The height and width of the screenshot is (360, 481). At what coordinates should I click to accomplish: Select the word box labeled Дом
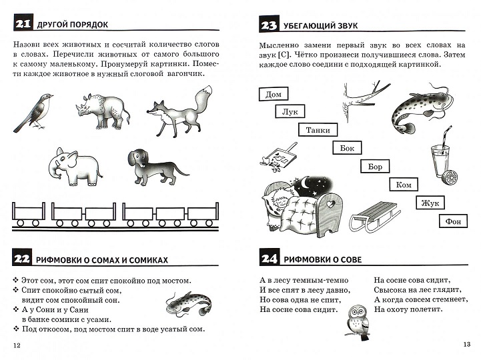coord(274,95)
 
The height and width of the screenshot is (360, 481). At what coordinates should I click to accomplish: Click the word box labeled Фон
coord(452,221)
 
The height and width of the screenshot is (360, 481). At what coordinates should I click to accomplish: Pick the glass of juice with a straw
coord(440,161)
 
